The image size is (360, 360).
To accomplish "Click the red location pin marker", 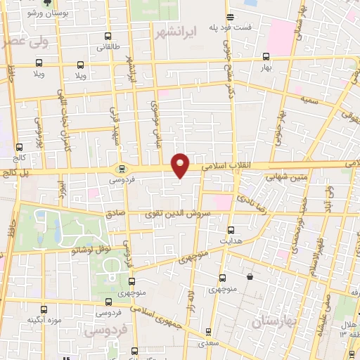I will click(x=181, y=165).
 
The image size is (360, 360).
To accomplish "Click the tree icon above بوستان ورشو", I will click(x=46, y=3).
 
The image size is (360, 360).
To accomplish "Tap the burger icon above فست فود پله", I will click(x=230, y=18).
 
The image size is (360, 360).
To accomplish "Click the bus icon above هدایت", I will click(x=231, y=230).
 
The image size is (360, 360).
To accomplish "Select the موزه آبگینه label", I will click(x=41, y=320).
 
